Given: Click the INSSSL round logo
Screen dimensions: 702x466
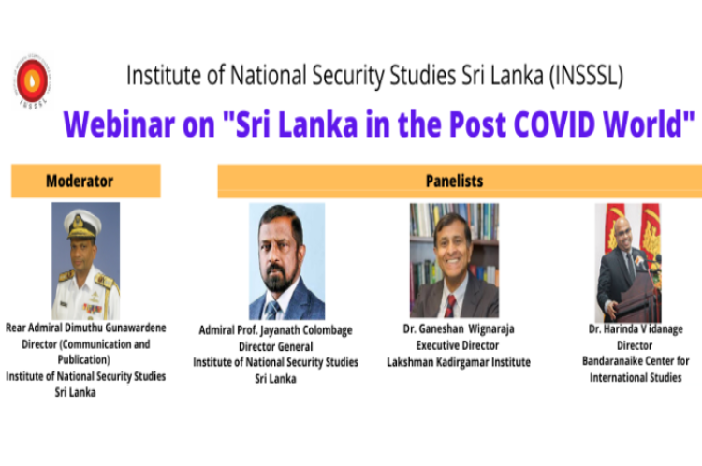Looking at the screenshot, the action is (32, 81).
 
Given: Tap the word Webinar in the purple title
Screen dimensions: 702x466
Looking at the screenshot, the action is (119, 124).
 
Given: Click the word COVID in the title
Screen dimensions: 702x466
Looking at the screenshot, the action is (554, 124).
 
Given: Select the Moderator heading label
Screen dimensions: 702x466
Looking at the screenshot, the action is (80, 181).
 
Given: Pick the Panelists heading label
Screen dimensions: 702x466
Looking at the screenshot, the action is (454, 181).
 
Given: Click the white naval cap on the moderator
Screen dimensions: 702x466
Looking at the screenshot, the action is (83, 224).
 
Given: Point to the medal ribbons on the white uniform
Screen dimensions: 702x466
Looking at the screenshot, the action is (93, 309).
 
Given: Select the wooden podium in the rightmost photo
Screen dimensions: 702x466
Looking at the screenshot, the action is (639, 296).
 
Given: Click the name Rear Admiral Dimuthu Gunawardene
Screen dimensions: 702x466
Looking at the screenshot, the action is (85, 328).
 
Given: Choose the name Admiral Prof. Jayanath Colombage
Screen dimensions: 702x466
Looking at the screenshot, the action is (275, 330).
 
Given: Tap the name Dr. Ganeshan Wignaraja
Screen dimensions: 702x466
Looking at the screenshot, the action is (459, 329).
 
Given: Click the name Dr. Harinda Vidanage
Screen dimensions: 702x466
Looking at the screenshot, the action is (636, 329).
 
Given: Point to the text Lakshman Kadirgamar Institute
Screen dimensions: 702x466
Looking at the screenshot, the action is (459, 362).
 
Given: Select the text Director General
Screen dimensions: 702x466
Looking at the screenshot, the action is (275, 346).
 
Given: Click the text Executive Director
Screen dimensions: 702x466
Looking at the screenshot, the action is (457, 345).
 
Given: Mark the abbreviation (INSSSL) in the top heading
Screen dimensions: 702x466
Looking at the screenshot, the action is (586, 75).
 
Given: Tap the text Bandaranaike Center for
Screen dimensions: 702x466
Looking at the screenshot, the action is (636, 361).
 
